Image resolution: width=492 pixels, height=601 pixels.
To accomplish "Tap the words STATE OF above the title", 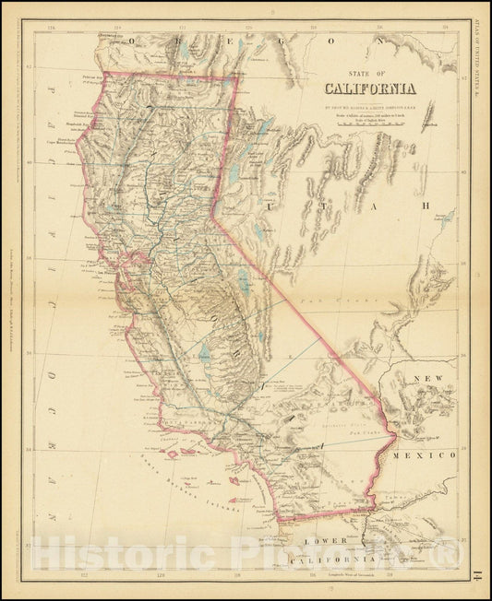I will point(368,77).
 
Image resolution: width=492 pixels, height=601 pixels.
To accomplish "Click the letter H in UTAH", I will point(426,206).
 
